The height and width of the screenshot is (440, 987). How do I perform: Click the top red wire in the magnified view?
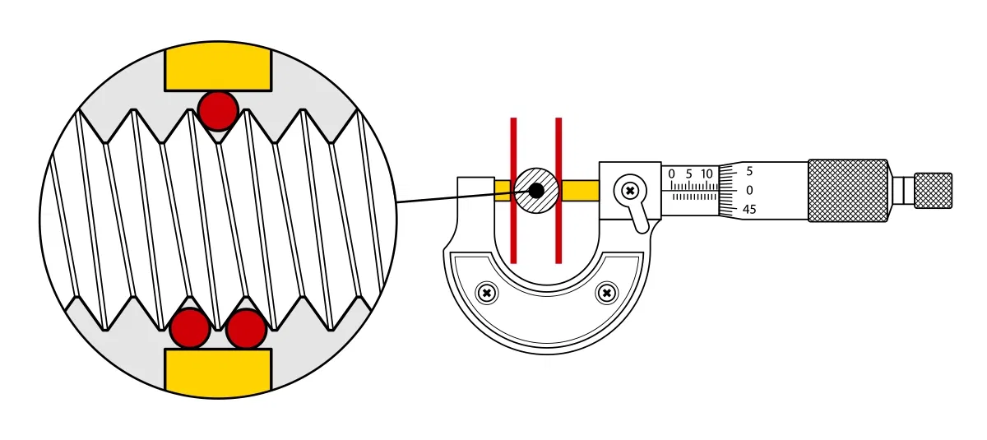pyautogui.click(x=218, y=110)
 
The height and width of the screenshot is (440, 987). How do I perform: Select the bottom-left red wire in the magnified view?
pyautogui.click(x=190, y=328)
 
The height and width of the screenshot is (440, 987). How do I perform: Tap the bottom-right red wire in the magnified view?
pyautogui.click(x=246, y=328)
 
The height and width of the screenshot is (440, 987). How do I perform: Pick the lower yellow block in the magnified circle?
pyautogui.click(x=218, y=372)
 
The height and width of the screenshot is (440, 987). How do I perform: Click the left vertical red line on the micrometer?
pyautogui.click(x=513, y=190)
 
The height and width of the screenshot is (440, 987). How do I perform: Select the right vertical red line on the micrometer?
pyautogui.click(x=558, y=190)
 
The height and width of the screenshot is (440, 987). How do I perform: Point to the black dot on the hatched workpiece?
pyautogui.click(x=536, y=191)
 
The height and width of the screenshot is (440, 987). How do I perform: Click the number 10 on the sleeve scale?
pyautogui.click(x=706, y=174)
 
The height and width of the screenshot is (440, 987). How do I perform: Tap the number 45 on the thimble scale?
pyautogui.click(x=749, y=210)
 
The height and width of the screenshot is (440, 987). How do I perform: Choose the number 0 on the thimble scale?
pyautogui.click(x=749, y=190)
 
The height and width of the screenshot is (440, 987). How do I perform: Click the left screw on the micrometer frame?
pyautogui.click(x=488, y=292)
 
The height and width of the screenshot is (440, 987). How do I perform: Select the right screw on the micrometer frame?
pyautogui.click(x=607, y=292)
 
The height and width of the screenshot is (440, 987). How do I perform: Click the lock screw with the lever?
pyautogui.click(x=630, y=191)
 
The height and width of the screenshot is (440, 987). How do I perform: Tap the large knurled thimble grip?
pyautogui.click(x=847, y=190)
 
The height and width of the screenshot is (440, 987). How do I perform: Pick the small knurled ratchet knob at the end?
pyautogui.click(x=933, y=190)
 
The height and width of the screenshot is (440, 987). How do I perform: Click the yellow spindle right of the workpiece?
pyautogui.click(x=579, y=191)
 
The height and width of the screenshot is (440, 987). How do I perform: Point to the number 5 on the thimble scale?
pyautogui.click(x=749, y=172)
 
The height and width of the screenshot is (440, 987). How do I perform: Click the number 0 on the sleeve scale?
pyautogui.click(x=671, y=174)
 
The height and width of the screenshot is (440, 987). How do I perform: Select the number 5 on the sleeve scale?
pyautogui.click(x=688, y=174)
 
